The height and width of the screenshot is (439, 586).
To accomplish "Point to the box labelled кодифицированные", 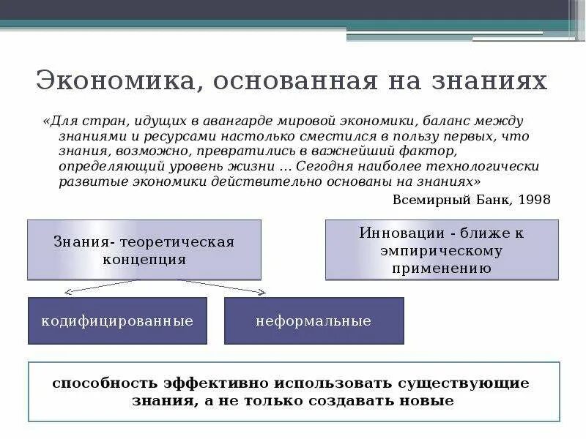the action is [117, 320].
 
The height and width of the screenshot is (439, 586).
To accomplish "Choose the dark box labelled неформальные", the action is [314, 320].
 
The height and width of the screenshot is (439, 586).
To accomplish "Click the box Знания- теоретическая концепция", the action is [144, 249].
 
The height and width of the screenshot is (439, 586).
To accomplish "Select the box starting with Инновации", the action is [442, 249].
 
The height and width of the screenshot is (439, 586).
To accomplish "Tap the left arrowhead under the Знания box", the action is [67, 292].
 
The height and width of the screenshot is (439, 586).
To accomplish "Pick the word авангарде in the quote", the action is [233, 120].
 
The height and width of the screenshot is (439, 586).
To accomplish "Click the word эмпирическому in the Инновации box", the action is [441, 251].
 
